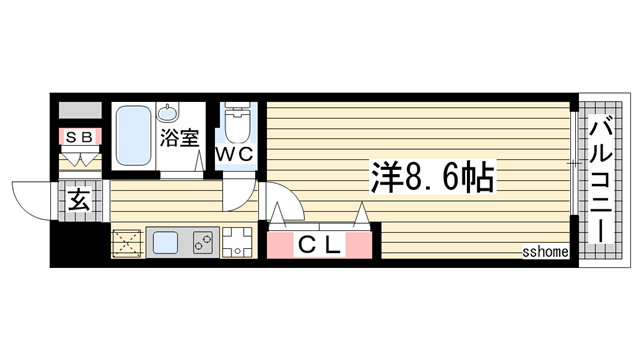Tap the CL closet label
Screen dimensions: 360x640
(322, 243)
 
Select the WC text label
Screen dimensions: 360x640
(237, 154)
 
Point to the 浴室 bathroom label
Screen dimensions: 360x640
(181, 137)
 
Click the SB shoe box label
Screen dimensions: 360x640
(79, 135)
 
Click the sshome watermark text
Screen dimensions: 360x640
(545, 254)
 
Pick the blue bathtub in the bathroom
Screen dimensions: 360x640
(132, 137)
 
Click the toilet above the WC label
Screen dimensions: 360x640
(238, 124)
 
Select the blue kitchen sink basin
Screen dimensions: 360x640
(164, 242)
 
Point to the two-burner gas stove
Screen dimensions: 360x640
(200, 242)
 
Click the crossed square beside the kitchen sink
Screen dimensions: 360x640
(127, 243)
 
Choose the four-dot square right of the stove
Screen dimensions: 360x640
(237, 242)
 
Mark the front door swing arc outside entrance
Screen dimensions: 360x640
(33, 198)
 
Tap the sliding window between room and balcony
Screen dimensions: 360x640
(573, 165)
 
